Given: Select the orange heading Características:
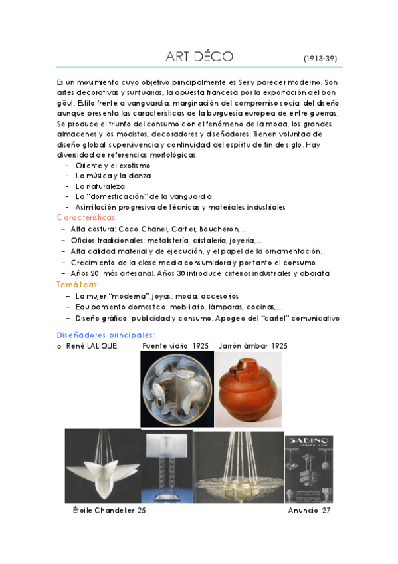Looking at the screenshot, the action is tap(87, 217).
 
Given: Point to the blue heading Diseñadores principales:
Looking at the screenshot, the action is tap(106, 335).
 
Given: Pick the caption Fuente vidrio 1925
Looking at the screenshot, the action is tap(175, 346).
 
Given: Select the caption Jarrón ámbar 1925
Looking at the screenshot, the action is tap(252, 346).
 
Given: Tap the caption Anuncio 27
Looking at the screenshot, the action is tap(309, 511).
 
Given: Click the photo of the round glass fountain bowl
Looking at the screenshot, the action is tap(177, 389).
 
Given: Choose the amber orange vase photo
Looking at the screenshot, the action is tap(249, 390).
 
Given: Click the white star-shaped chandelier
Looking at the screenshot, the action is tap(102, 466).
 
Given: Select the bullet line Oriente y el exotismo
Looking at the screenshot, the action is tap(113, 165).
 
